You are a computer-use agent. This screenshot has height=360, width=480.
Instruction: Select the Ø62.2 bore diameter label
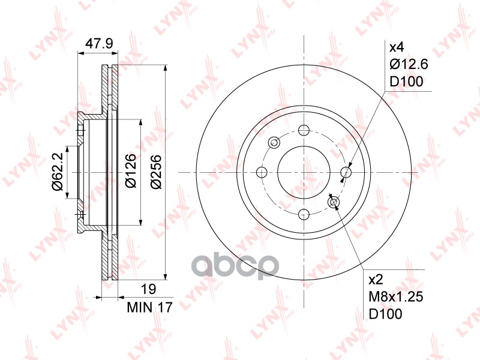57,172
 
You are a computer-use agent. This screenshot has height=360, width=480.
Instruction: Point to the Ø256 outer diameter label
155,172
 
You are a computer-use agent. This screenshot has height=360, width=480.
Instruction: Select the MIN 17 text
150,308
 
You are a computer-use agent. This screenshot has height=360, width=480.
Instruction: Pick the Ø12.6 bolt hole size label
409,64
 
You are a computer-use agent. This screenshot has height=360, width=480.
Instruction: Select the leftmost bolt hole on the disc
262,173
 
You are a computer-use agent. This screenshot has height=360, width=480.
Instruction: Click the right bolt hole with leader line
346,173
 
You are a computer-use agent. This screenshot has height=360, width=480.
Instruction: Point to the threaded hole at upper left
274,143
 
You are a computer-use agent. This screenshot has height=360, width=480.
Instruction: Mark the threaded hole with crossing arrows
334,202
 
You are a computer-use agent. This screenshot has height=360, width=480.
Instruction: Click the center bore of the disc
304,173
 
